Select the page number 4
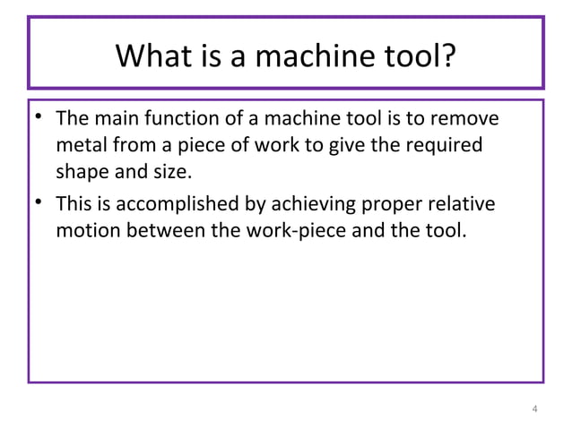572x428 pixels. [535, 410]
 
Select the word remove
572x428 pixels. [470, 120]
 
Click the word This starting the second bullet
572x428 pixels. [74, 206]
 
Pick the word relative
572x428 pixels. [462, 206]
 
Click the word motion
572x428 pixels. [86, 231]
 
